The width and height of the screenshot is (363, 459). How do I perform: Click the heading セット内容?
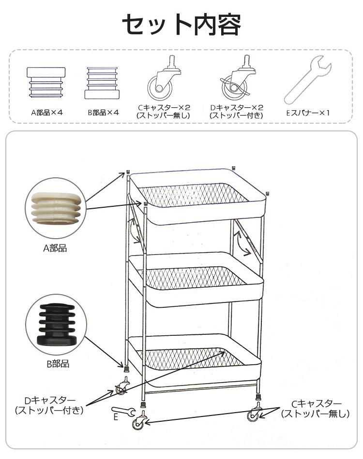click(x=181, y=25)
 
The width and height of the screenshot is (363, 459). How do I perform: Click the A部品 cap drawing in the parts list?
click(x=46, y=82)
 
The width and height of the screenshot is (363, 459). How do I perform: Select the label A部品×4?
click(x=47, y=113)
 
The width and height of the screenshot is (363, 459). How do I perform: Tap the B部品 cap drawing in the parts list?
click(x=102, y=83)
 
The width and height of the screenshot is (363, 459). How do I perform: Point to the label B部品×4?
click(x=104, y=113)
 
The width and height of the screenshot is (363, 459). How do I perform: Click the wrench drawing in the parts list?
click(x=308, y=79)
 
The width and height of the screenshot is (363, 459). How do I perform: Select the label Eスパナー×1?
click(x=308, y=113)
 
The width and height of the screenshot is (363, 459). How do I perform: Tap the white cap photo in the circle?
click(x=56, y=208)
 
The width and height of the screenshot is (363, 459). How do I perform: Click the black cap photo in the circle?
click(x=57, y=324)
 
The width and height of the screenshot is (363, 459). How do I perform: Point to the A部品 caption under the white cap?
click(x=55, y=248)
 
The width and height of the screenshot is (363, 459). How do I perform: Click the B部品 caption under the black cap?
click(x=58, y=364)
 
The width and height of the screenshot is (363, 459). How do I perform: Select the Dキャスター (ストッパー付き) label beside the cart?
click(x=49, y=405)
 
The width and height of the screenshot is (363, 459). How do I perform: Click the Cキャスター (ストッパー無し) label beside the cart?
click(x=316, y=409)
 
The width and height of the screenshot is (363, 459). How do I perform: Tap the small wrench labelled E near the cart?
click(x=123, y=411)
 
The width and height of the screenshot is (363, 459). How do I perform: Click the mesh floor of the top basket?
click(x=194, y=195)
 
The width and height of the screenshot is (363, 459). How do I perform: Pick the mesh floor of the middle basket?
click(x=195, y=277)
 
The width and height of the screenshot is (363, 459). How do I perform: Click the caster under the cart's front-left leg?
click(x=138, y=420)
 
